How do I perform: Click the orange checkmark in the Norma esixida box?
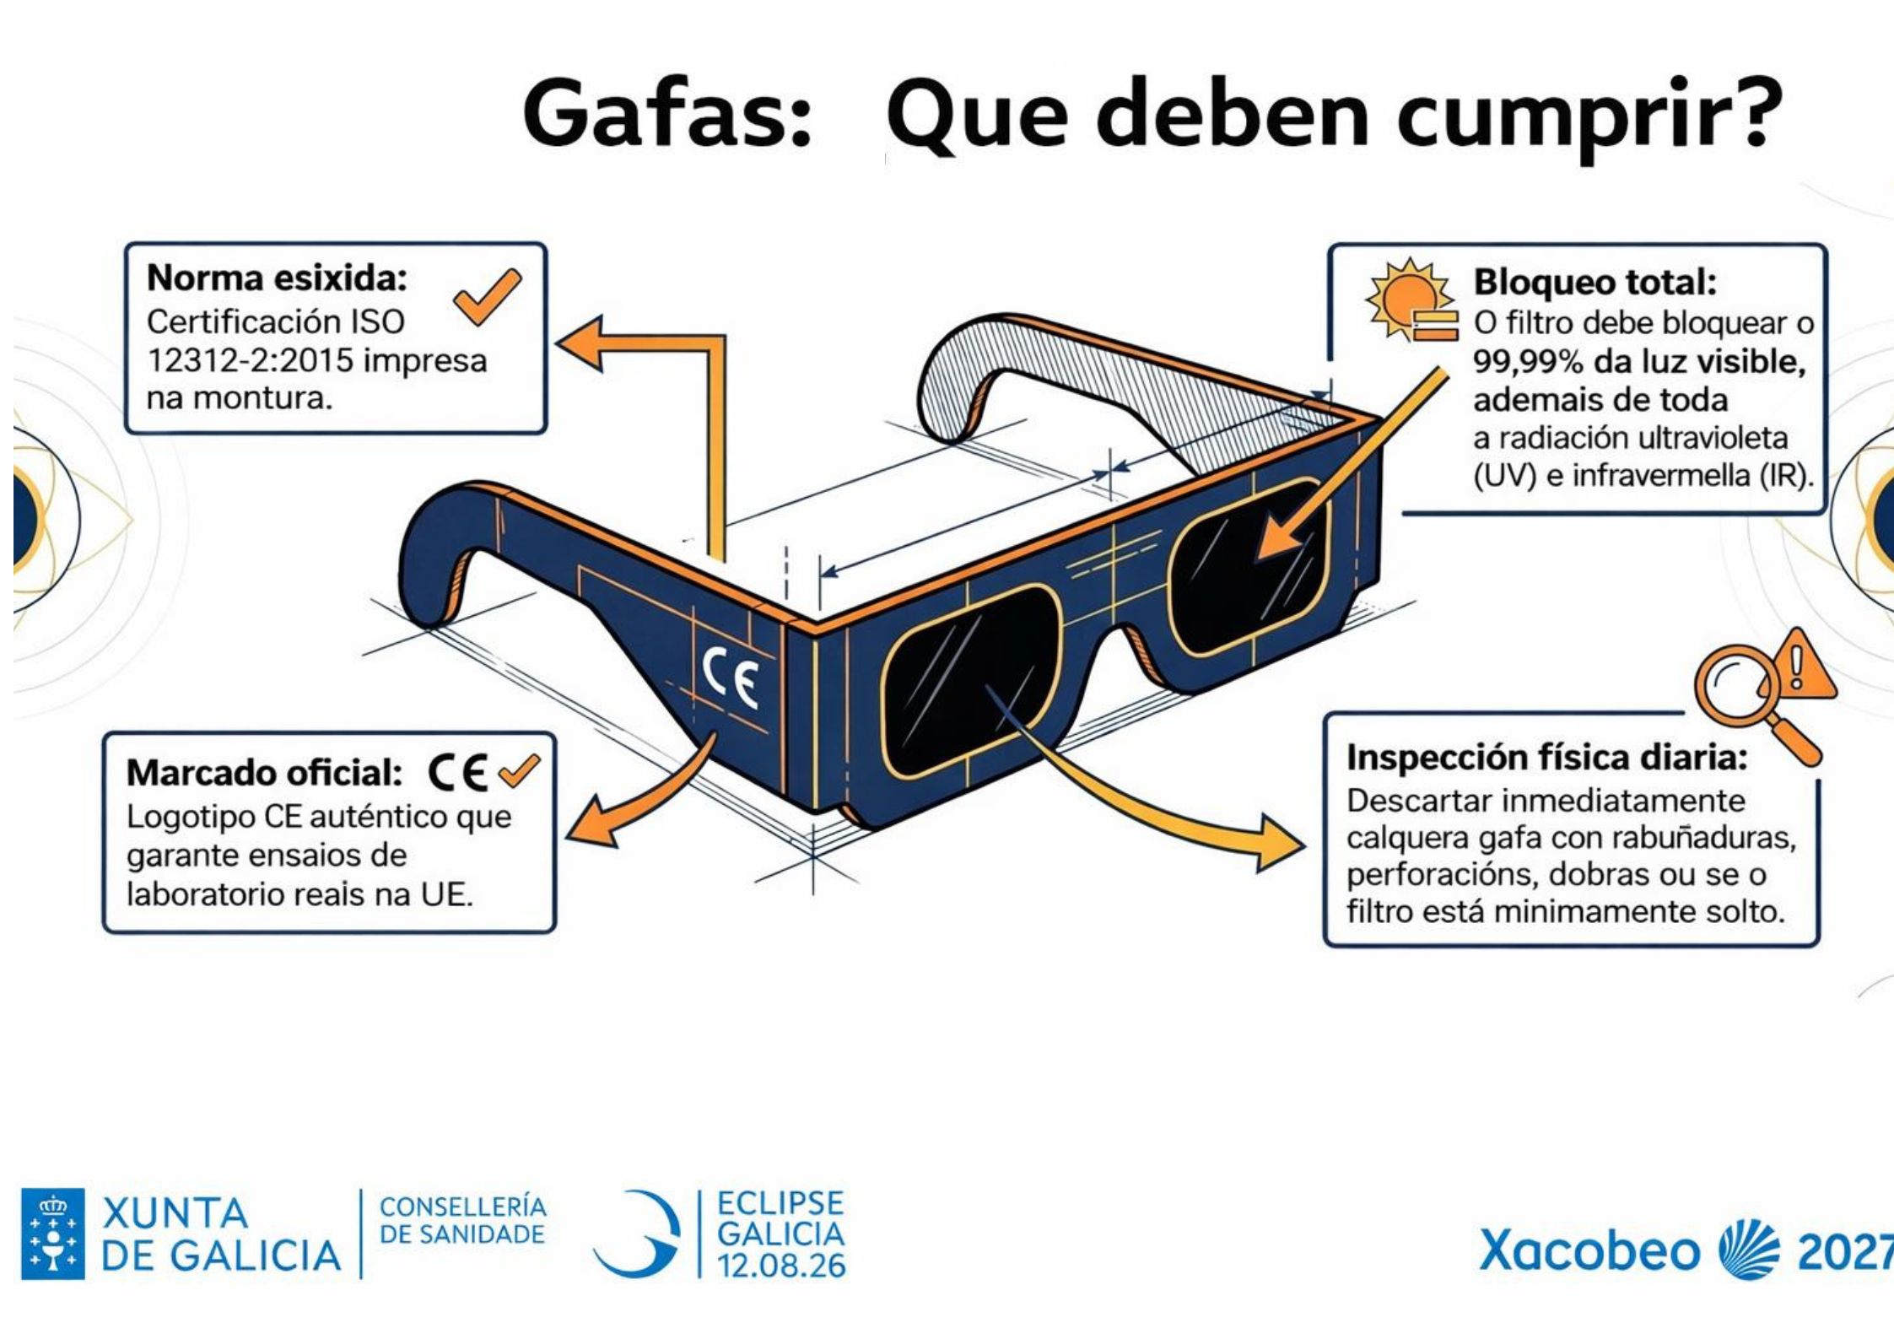(x=488, y=296)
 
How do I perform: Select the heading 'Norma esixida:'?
(x=277, y=278)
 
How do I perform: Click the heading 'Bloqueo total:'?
(x=1595, y=282)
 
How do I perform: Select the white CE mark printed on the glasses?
(x=731, y=676)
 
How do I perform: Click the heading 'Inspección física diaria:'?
(x=1546, y=758)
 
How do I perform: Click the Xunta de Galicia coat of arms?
(x=52, y=1234)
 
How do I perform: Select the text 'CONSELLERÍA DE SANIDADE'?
(x=462, y=1220)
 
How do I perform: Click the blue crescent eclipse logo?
(x=638, y=1233)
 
